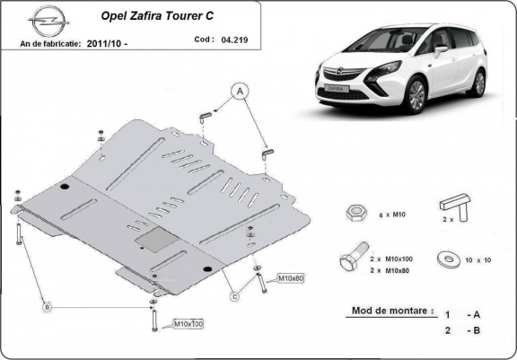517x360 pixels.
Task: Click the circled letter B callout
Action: (47, 307)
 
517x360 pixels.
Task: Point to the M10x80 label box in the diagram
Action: (291, 277)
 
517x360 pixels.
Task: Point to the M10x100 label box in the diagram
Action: (188, 323)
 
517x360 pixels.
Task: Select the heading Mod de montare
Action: (386, 312)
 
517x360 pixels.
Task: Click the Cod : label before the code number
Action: (204, 40)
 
